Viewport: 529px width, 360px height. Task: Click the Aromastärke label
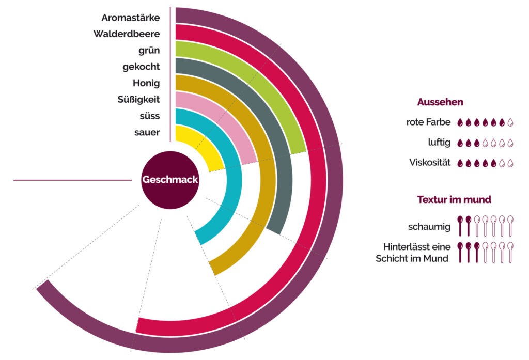[131, 18]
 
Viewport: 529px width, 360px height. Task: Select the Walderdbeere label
[127, 34]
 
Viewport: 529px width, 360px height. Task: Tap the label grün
[149, 50]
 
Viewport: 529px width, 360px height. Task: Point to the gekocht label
[141, 67]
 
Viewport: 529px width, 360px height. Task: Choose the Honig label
[146, 83]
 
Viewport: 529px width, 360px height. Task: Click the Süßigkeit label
[138, 99]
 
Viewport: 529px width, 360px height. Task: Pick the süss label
[148, 116]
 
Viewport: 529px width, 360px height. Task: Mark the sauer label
[147, 132]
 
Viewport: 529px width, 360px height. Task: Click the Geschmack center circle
[170, 180]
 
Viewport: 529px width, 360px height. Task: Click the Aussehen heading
[440, 102]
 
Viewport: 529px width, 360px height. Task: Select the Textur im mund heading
[454, 199]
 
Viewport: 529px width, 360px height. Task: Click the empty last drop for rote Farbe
[511, 122]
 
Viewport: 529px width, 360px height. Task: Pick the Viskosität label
[429, 163]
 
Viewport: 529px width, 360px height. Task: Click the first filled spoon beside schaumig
[460, 226]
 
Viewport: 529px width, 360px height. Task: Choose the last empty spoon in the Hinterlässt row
[511, 252]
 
